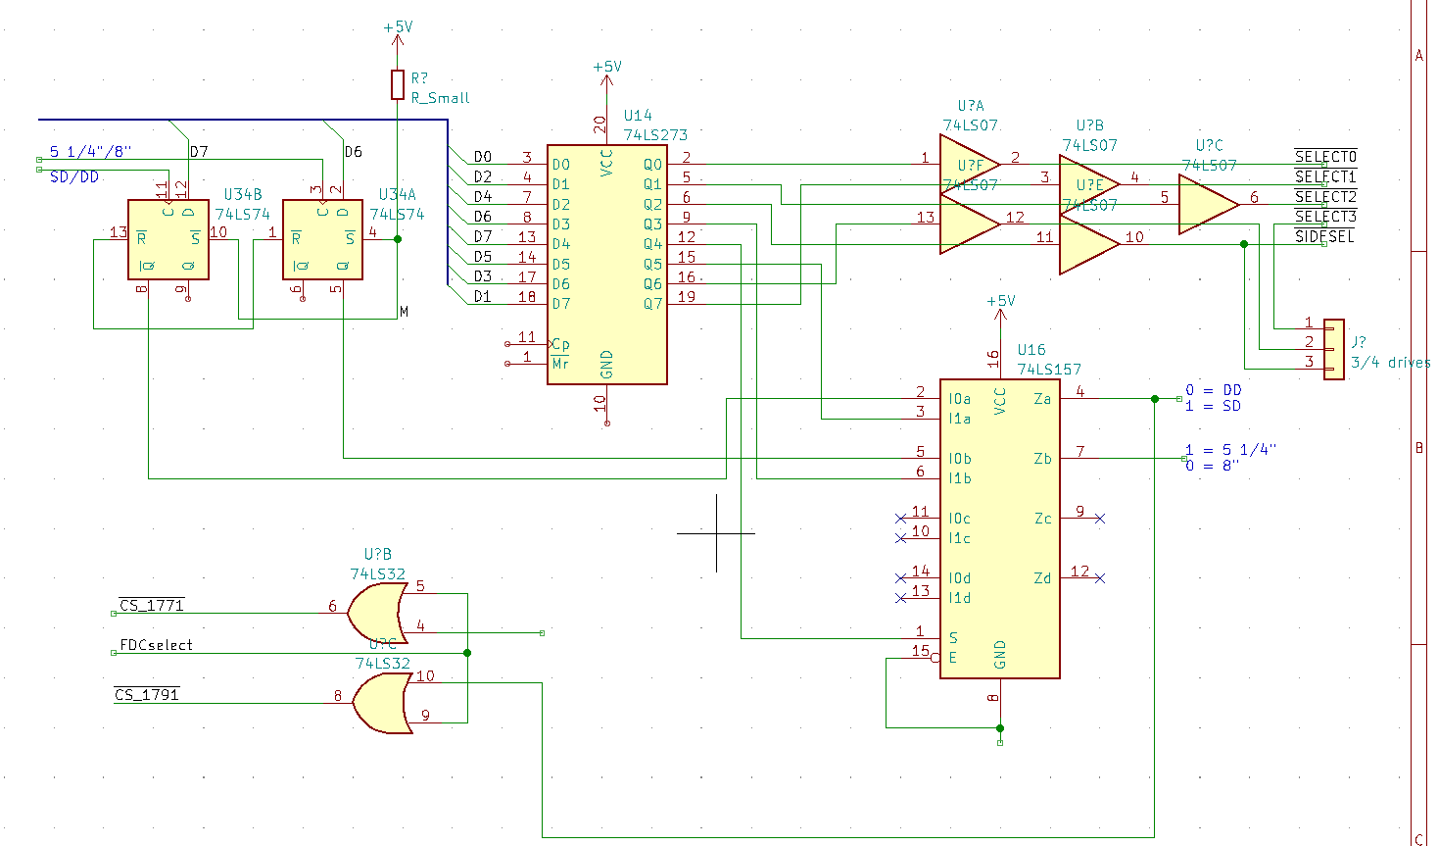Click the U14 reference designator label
click(638, 116)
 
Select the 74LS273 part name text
click(655, 135)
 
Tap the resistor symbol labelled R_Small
click(398, 85)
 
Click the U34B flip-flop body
click(168, 239)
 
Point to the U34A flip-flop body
click(322, 239)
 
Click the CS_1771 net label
click(151, 606)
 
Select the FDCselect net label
click(156, 645)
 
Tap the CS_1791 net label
click(147, 695)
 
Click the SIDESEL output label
click(1324, 236)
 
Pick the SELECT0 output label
click(1325, 157)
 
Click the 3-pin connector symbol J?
click(1333, 348)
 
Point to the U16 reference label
click(1031, 350)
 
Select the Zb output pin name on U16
click(1042, 459)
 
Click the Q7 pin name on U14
click(653, 304)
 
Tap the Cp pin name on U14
click(560, 344)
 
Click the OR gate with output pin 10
click(382, 703)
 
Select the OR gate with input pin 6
click(378, 613)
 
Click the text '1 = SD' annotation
click(1213, 406)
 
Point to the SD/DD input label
click(74, 177)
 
